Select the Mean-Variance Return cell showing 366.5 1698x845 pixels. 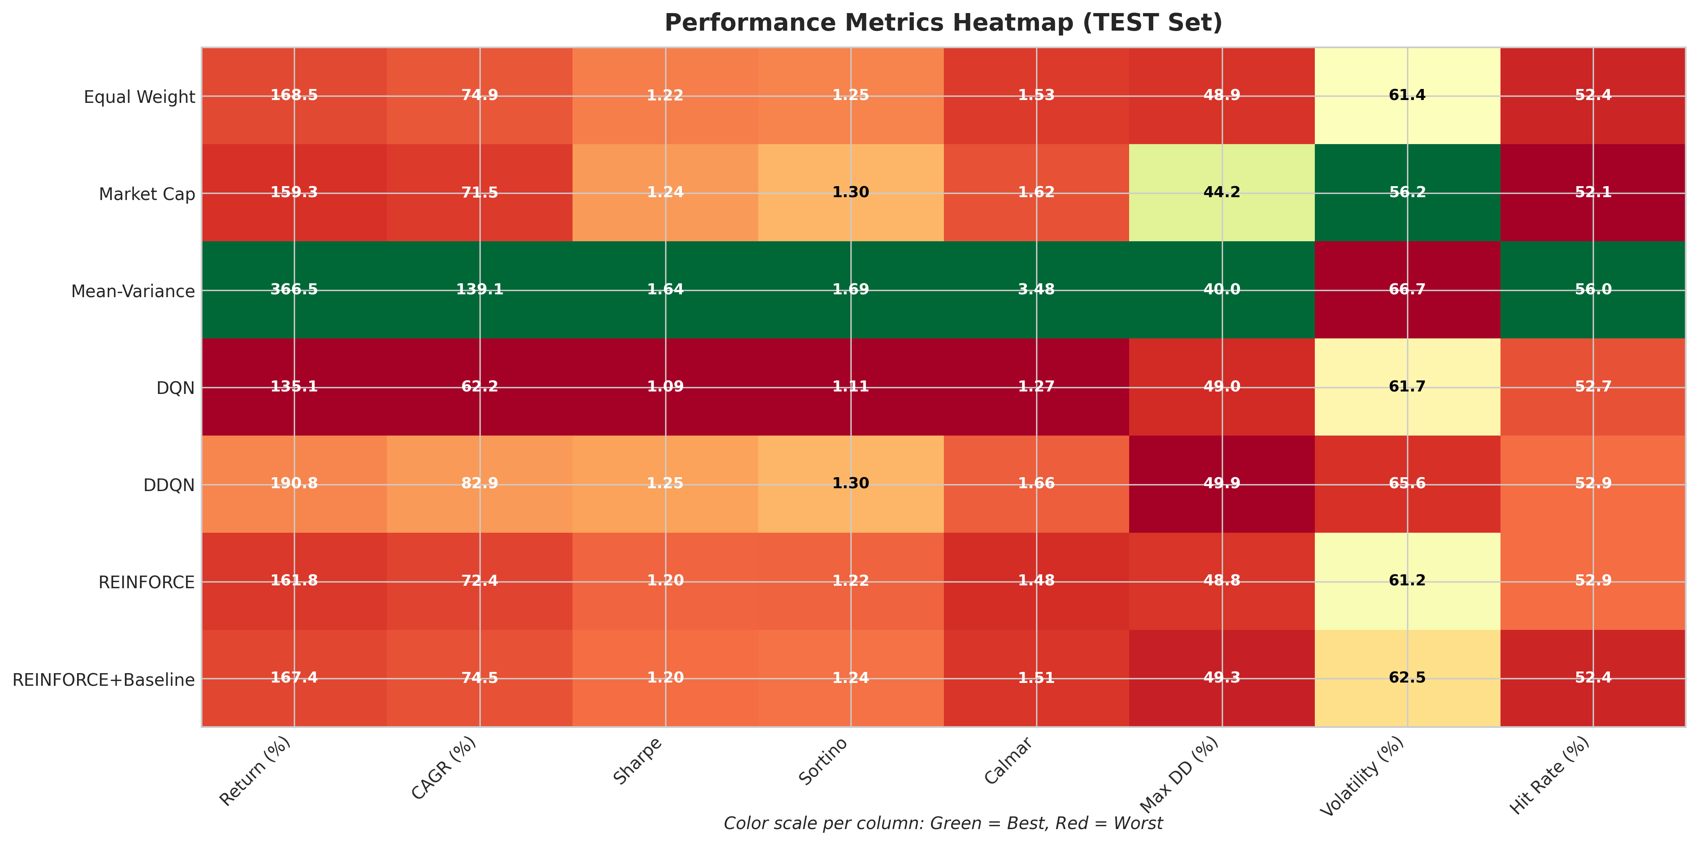click(294, 290)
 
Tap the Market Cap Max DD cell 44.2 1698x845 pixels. click(1221, 193)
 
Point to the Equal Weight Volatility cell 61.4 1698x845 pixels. click(1407, 96)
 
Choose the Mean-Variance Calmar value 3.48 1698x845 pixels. click(1036, 290)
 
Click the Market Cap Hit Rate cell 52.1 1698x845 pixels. click(1593, 193)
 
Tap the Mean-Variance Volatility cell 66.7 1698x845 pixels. click(1407, 290)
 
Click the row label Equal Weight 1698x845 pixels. click(139, 98)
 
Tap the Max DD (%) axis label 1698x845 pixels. click(1180, 775)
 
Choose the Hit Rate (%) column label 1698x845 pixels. click(1550, 776)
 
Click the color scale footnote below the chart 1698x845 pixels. click(943, 824)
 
